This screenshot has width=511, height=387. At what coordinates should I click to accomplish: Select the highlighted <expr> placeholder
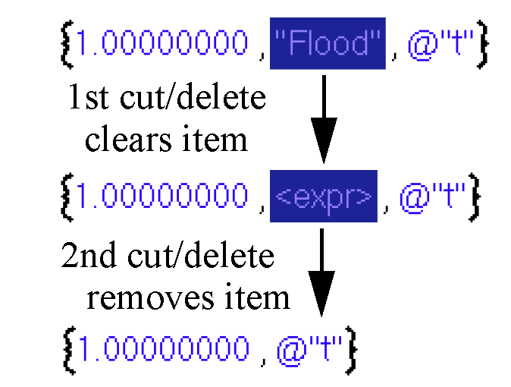pyautogui.click(x=323, y=197)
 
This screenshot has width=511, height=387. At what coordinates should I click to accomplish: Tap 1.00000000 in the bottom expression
pyautogui.click(x=163, y=348)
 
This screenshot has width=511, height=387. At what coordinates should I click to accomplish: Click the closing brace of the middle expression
pyautogui.click(x=474, y=197)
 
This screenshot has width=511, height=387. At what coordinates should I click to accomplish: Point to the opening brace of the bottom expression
pyautogui.click(x=66, y=348)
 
